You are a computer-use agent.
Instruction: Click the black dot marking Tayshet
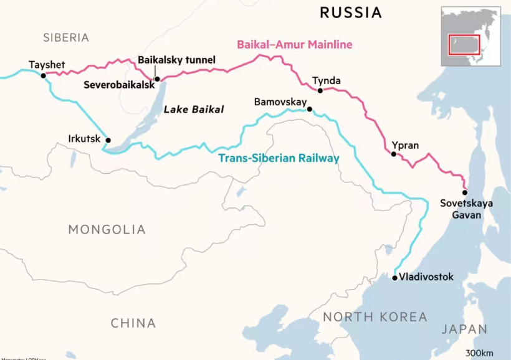click(x=43, y=75)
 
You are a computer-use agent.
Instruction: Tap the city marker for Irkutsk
click(x=108, y=140)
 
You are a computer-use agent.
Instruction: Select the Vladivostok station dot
click(x=394, y=278)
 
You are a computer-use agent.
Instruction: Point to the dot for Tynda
click(x=320, y=90)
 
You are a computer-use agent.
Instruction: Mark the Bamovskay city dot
click(x=309, y=110)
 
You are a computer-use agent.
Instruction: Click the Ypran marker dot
click(x=393, y=154)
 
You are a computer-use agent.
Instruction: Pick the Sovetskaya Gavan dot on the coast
click(x=464, y=192)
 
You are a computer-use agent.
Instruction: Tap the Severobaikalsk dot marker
click(x=157, y=79)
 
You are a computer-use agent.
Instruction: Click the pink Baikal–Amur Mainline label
click(x=294, y=45)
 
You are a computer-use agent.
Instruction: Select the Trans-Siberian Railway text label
click(x=279, y=158)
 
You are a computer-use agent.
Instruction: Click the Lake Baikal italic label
click(x=193, y=110)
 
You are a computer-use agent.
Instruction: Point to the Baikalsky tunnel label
click(x=176, y=60)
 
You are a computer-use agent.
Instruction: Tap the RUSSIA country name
click(x=350, y=12)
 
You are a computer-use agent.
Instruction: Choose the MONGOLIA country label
click(x=107, y=230)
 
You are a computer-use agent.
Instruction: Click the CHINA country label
click(x=133, y=323)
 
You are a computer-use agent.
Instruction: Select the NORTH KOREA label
click(x=375, y=317)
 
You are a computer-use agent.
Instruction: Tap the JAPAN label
click(x=464, y=329)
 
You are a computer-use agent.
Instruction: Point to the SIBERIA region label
click(x=66, y=37)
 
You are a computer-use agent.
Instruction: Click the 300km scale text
click(x=487, y=353)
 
